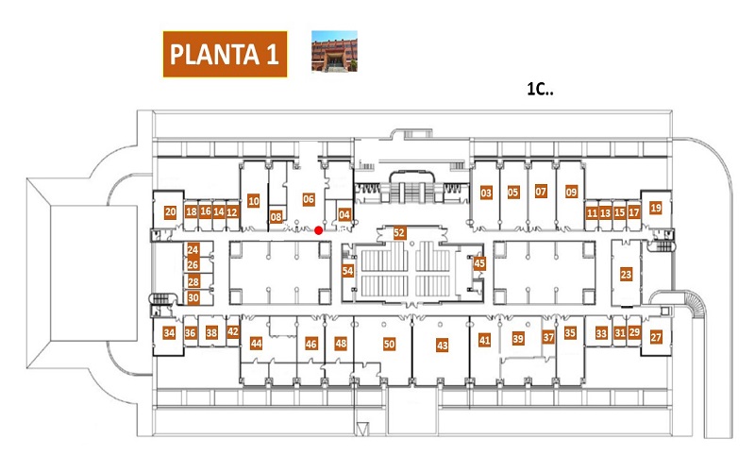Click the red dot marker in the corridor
pos(318,230)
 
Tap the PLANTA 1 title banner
pos(225,54)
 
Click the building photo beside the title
pos(334,51)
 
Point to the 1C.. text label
pos(540,89)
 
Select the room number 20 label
pos(170,211)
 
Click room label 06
pos(309,199)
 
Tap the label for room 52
pos(399,233)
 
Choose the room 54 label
pos(347,271)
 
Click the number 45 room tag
pos(479,263)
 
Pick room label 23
pos(626,275)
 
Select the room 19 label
pos(655,208)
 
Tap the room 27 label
pos(656,337)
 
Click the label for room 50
pos(389,344)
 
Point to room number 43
pos(442,345)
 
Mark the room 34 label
pos(169,333)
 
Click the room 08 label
pos(276,217)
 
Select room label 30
pos(193,298)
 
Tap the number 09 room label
pos(571,193)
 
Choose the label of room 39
pos(517,339)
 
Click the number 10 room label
pos(253,201)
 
